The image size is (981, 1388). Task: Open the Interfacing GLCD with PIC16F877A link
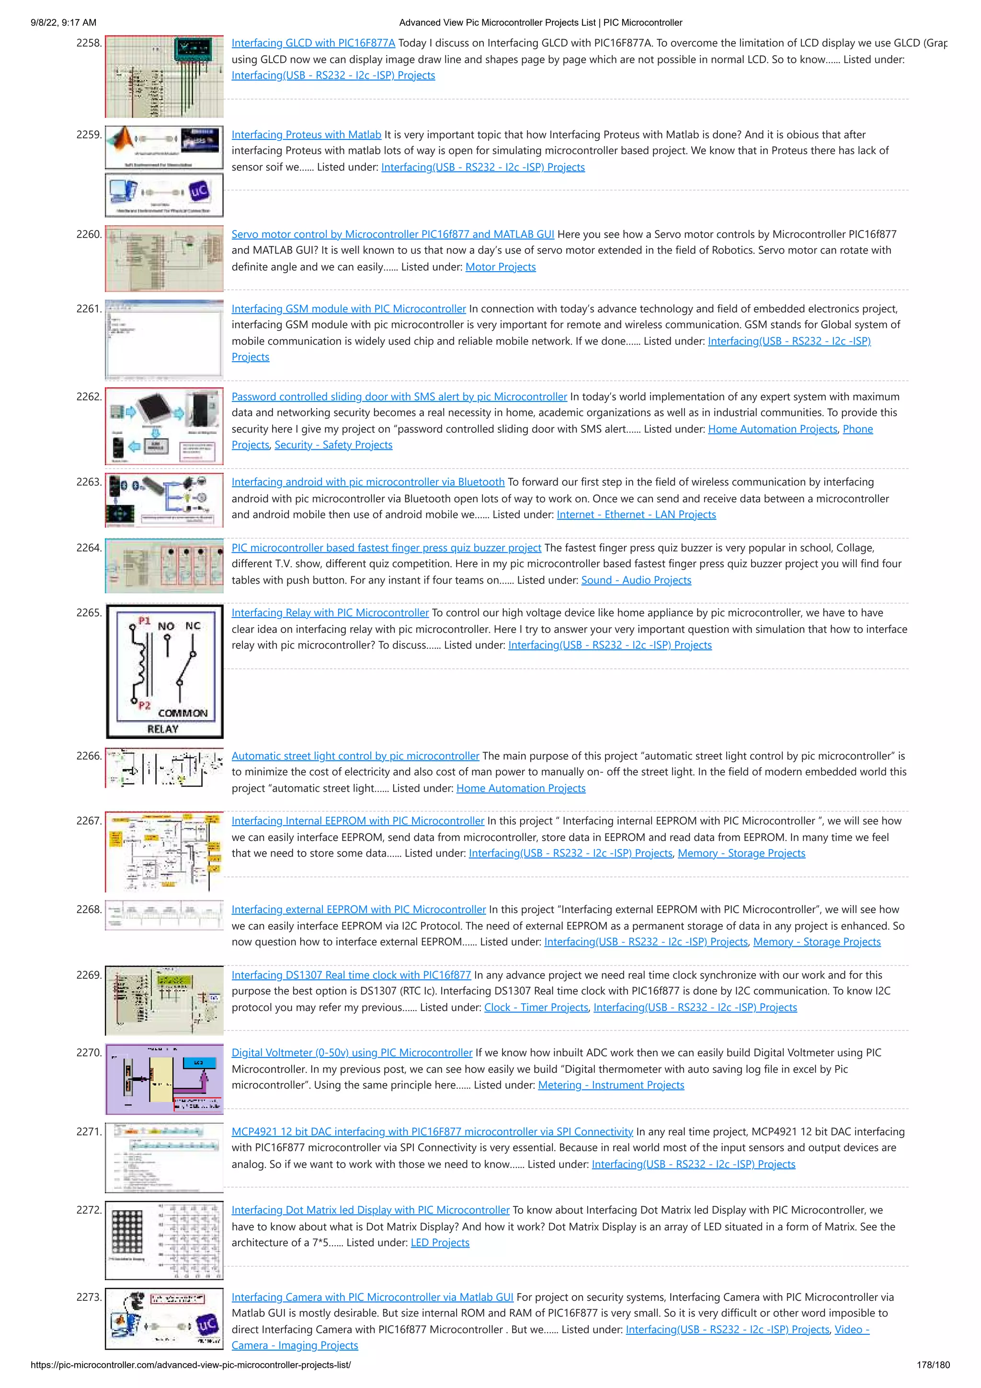tap(313, 43)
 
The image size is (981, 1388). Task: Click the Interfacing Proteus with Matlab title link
tap(306, 135)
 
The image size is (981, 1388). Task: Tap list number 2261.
tap(88, 309)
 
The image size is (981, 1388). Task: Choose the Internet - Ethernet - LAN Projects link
tap(636, 515)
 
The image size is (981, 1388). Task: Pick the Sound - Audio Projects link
tap(636, 580)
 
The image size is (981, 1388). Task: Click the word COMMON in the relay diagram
tap(183, 713)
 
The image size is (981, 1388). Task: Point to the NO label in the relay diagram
tap(166, 626)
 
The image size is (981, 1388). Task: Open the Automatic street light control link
tap(355, 756)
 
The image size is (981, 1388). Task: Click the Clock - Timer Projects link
tap(536, 1007)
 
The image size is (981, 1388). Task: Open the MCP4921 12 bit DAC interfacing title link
tap(432, 1132)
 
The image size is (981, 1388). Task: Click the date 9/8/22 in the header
tap(46, 23)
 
